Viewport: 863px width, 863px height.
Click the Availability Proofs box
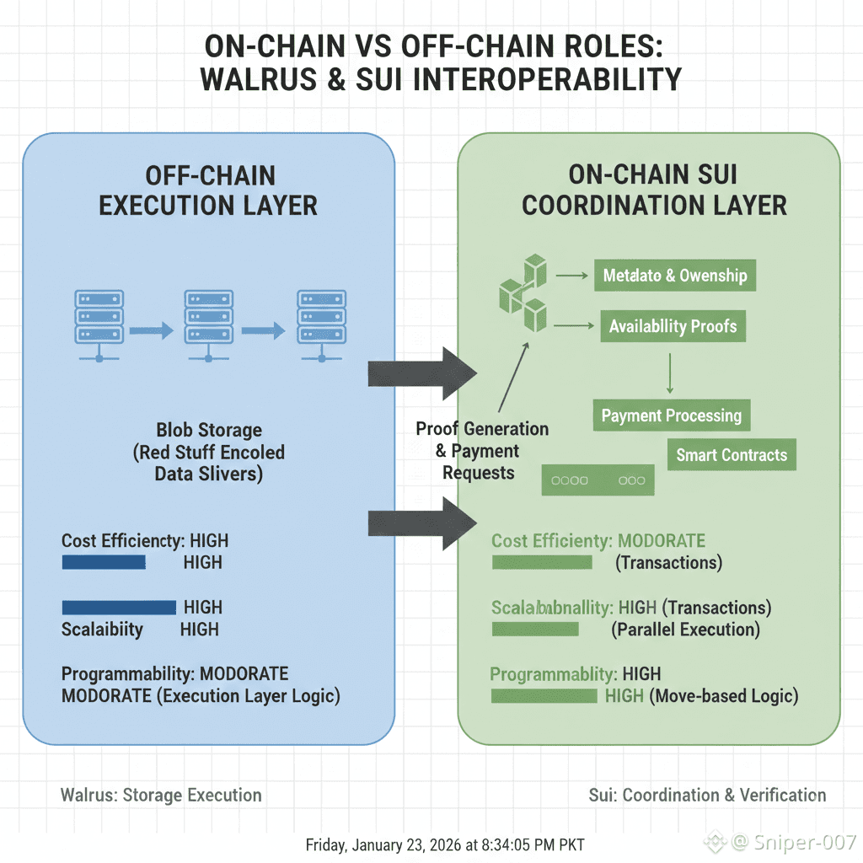pyautogui.click(x=673, y=326)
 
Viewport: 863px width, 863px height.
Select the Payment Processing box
pyautogui.click(x=672, y=415)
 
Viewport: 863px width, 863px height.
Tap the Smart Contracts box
pyautogui.click(x=732, y=455)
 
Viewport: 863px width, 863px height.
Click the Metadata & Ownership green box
pyautogui.click(x=674, y=276)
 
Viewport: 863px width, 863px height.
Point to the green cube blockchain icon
pyautogui.click(x=523, y=294)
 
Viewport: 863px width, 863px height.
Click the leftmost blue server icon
pyautogui.click(x=99, y=325)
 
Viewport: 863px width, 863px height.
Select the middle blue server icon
pyautogui.click(x=208, y=325)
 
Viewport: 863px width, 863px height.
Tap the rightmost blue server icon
pyautogui.click(x=321, y=325)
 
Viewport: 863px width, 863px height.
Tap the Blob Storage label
pyautogui.click(x=209, y=430)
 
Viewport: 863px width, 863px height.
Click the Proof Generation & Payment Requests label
pyautogui.click(x=481, y=451)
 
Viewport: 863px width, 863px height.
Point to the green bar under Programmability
pyautogui.click(x=543, y=696)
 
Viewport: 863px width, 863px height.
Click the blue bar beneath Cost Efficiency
pyautogui.click(x=104, y=562)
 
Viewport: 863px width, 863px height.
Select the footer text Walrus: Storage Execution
pyautogui.click(x=161, y=795)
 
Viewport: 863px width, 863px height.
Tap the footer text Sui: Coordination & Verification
pyautogui.click(x=707, y=795)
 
